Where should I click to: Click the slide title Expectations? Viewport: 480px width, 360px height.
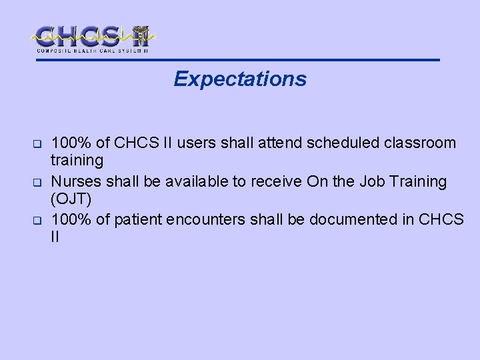coord(240,79)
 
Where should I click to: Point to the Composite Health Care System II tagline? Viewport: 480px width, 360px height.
coord(92,50)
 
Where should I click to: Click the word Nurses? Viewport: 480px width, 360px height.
coord(75,181)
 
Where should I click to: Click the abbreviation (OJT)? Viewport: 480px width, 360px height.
coord(70,199)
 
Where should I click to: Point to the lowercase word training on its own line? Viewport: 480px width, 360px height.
coord(77,161)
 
